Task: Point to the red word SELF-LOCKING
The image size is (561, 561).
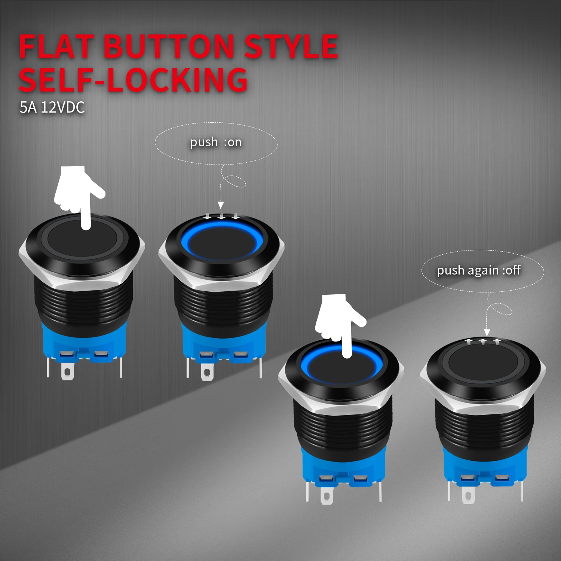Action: (133, 80)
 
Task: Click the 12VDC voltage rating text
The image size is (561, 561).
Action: (63, 108)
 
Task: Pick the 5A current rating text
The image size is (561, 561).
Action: (28, 108)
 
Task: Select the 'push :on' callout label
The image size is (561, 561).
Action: (216, 142)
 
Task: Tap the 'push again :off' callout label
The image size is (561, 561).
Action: (479, 270)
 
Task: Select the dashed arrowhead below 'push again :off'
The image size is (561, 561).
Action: (487, 332)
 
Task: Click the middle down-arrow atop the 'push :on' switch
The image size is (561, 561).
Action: (222, 216)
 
